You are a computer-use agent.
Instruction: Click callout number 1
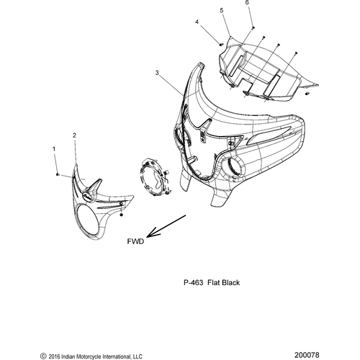tap(54, 149)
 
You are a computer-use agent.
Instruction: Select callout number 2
tap(74, 135)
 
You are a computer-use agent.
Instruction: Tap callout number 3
tap(157, 73)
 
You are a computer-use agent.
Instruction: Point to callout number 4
tap(197, 22)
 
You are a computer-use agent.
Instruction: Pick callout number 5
tap(222, 10)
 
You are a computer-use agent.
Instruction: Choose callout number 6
tap(247, 3)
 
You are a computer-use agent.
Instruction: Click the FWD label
tap(135, 241)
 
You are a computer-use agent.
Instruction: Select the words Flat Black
tap(224, 282)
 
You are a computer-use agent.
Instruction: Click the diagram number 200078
tap(307, 355)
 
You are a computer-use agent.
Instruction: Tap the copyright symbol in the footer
tap(43, 356)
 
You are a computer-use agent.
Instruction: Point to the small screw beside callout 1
tap(58, 174)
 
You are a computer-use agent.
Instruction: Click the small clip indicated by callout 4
tap(221, 44)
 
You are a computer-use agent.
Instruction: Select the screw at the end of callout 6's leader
tap(253, 28)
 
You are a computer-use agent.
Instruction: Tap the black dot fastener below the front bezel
tap(121, 215)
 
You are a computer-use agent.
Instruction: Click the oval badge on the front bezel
tap(88, 197)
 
